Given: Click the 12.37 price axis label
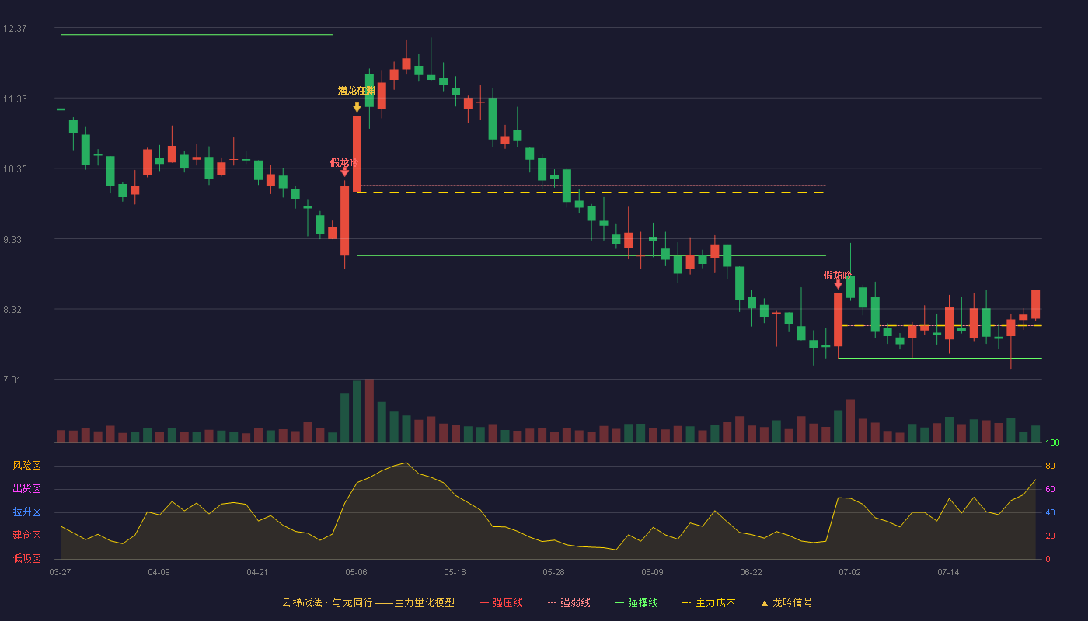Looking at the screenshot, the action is coord(15,29).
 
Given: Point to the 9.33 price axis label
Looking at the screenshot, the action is coord(12,240).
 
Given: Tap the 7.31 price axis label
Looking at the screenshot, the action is coord(12,380).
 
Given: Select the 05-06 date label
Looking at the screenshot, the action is coord(356,573).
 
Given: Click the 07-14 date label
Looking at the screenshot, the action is coord(948,573).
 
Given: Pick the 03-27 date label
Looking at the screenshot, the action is coord(61,573).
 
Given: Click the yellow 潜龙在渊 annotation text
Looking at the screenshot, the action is coord(357,91).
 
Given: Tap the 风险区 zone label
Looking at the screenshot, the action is coord(26,466).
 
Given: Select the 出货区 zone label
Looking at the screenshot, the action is coord(26,488).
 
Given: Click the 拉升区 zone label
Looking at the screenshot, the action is coord(26,512).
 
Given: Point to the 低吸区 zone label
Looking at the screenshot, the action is coord(26,558).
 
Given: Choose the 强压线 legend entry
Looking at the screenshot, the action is coord(501,602).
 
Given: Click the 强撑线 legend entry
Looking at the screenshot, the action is coord(636,602).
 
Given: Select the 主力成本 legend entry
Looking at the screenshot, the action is coord(709,602).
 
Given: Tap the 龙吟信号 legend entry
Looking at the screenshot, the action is coord(786,602).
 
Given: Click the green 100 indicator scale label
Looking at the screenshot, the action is coord(1052,442).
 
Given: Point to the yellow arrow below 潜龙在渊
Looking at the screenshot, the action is coord(357,107).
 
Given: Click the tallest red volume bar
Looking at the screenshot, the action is coord(369,411).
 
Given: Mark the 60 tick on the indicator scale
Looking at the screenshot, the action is coord(1050,489).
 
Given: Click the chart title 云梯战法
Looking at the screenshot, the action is coord(302,602).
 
